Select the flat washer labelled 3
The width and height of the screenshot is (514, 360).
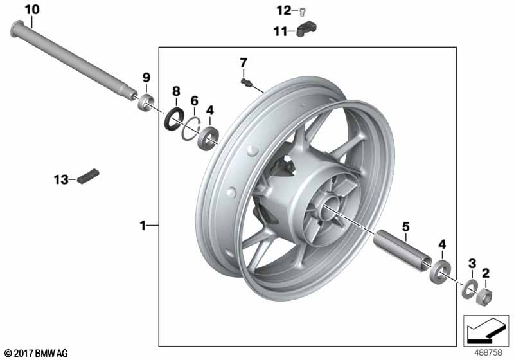coord(470,289)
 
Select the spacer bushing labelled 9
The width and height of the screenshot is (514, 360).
coord(146,102)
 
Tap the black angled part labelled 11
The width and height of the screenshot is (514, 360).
coord(307,29)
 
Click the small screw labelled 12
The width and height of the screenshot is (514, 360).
coord(303,12)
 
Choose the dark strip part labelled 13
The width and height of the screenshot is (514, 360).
coord(88,176)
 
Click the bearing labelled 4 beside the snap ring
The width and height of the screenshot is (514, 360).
coord(208,138)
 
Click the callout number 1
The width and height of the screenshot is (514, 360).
coord(143,226)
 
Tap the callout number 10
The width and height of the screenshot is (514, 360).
coord(32,10)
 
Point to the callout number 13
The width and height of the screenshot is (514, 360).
coord(61,179)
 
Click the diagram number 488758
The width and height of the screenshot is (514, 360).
coord(488,353)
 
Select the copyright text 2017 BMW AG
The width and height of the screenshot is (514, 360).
coord(36,353)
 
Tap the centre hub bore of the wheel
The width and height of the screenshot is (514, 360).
coord(328,206)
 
